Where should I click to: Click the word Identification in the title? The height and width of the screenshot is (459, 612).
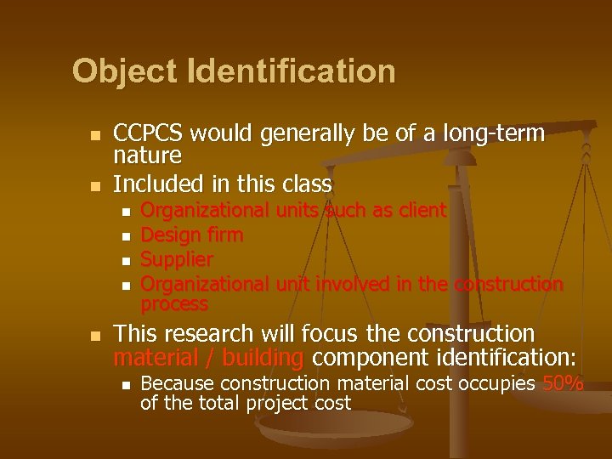(x=288, y=71)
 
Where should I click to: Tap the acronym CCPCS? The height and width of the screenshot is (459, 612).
(x=149, y=134)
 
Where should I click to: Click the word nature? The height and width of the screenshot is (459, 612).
(x=147, y=156)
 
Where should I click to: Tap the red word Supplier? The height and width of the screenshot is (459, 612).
(x=177, y=258)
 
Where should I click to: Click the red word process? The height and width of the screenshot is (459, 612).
(x=174, y=303)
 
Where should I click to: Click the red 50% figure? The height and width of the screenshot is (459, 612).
(x=563, y=383)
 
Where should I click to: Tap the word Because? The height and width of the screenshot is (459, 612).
(x=177, y=383)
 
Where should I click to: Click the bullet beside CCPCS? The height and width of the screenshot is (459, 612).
(x=96, y=136)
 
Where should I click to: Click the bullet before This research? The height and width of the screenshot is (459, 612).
(x=96, y=335)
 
